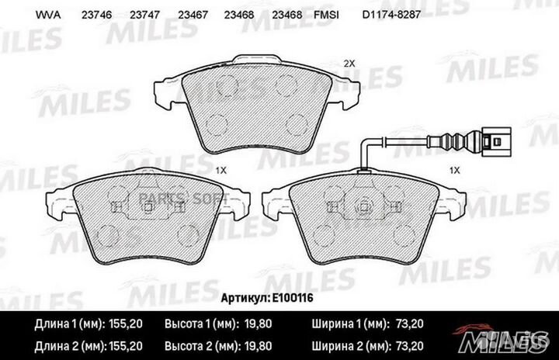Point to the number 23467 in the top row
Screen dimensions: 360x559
coord(190,14)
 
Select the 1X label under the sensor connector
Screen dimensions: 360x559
coord(455,168)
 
